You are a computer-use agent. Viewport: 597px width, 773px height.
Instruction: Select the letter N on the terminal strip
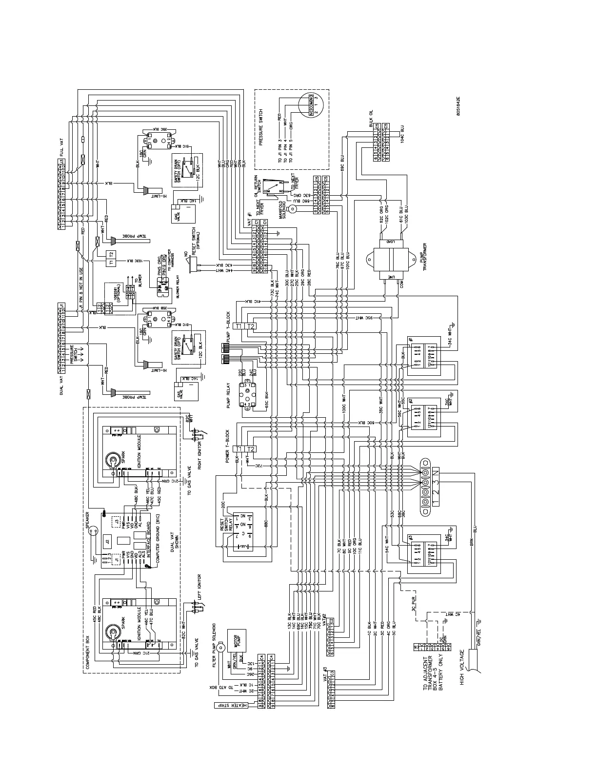(436, 472)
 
